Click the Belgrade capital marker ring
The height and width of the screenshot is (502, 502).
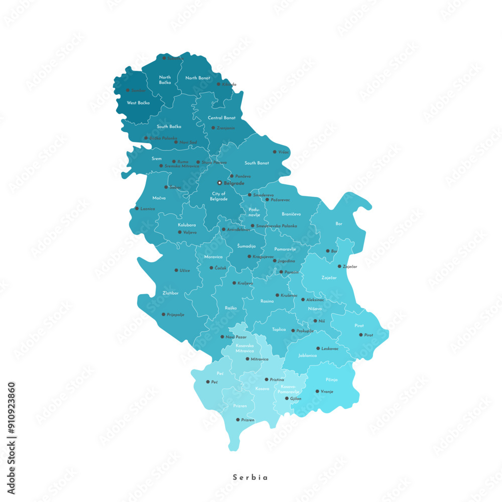[x=219, y=183]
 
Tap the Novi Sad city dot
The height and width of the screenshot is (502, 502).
[x=176, y=142]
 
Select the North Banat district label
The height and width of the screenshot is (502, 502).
[x=198, y=78]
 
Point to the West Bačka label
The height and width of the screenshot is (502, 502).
[x=138, y=103]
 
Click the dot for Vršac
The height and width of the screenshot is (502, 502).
[x=274, y=152]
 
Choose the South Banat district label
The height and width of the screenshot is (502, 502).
[x=257, y=163]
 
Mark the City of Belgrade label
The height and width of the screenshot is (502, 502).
[x=219, y=196]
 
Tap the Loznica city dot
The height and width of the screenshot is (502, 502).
[x=137, y=208]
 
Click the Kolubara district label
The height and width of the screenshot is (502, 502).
[x=187, y=225]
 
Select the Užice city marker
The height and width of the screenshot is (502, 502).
[x=176, y=270]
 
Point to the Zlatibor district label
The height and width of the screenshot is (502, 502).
[x=171, y=293]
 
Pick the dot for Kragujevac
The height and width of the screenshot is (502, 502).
[x=249, y=257]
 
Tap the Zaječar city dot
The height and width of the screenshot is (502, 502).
[x=339, y=267]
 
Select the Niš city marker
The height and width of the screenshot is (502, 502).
[x=315, y=321]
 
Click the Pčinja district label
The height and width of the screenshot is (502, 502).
[x=331, y=380]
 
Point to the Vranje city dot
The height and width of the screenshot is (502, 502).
[x=317, y=392]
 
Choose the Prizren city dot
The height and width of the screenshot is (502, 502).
[x=237, y=420]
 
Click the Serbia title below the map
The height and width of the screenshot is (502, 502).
[x=250, y=477]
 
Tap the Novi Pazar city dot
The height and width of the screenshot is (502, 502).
[x=222, y=337]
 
